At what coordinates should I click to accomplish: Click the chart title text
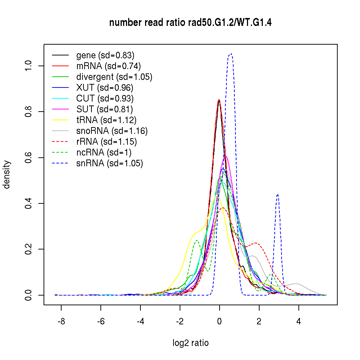tap(190, 23)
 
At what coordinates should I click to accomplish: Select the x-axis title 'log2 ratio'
tap(190, 343)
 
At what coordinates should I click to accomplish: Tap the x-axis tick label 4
tap(298, 321)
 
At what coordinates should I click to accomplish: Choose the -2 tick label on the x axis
tap(180, 321)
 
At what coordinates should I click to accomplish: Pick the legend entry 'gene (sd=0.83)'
tap(105, 55)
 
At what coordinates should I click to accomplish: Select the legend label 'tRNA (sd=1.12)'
tap(107, 120)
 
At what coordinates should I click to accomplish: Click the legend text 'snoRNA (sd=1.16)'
tap(112, 131)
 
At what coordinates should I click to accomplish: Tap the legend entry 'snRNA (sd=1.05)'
tap(110, 163)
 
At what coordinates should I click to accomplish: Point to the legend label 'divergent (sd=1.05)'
tap(114, 77)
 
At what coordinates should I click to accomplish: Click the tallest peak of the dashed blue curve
tap(231, 54)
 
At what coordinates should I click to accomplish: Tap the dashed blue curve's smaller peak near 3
tap(278, 194)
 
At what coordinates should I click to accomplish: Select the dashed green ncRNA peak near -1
tap(197, 240)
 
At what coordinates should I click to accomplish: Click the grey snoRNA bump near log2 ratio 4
tap(297, 284)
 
